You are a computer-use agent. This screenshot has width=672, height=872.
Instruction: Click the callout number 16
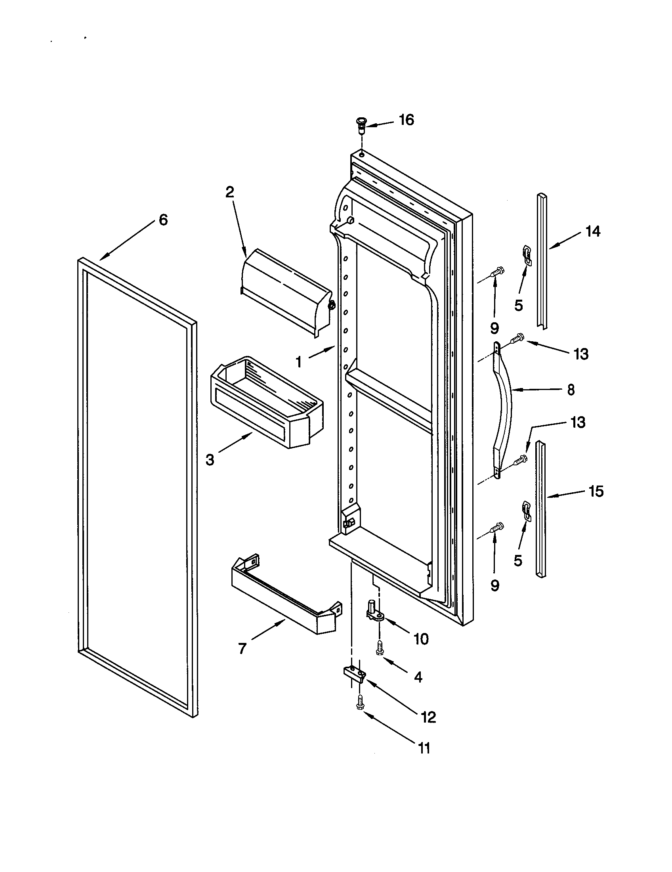click(407, 120)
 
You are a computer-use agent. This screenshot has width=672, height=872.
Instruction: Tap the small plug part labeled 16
click(361, 124)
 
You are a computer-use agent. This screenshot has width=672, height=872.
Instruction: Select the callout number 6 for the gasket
click(163, 220)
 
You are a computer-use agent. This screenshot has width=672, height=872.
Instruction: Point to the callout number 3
click(210, 460)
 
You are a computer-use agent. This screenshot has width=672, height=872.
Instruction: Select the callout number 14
click(593, 231)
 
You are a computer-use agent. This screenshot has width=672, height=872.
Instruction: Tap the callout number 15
click(596, 491)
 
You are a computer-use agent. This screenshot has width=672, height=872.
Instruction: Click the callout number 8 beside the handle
click(571, 390)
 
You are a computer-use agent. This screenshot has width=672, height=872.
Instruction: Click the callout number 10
click(421, 639)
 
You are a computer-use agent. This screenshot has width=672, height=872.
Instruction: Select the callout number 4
click(418, 677)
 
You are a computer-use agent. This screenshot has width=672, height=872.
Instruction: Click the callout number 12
click(428, 718)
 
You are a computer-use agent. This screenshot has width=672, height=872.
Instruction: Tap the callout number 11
click(424, 748)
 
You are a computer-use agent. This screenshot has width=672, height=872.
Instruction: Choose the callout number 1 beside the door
click(298, 362)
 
